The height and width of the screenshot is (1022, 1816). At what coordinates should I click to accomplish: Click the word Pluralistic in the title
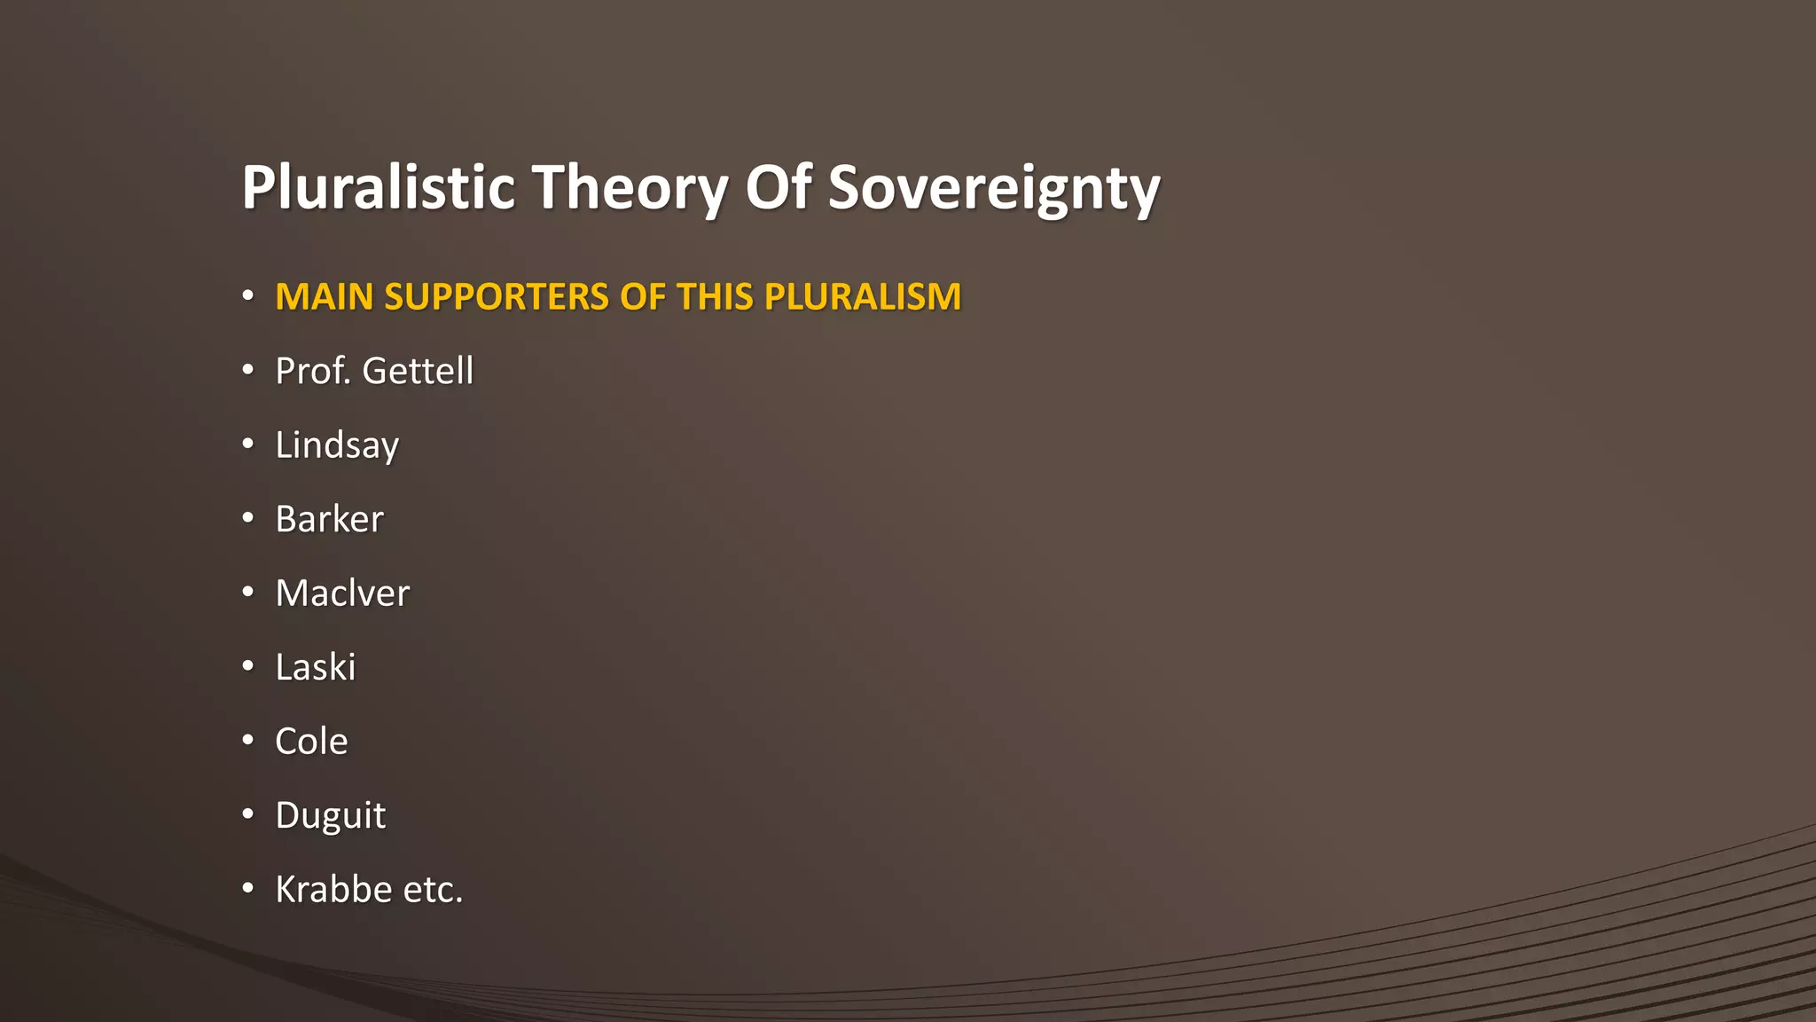[378, 187]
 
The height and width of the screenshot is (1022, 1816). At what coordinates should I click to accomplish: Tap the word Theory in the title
[630, 187]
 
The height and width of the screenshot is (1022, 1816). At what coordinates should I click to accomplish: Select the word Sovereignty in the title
[994, 187]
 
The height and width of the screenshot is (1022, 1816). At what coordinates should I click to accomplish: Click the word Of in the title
[778, 187]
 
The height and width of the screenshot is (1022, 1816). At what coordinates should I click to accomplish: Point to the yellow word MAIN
[324, 297]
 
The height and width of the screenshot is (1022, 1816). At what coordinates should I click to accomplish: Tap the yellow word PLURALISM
[863, 297]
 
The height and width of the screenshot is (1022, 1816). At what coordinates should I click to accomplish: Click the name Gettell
[418, 371]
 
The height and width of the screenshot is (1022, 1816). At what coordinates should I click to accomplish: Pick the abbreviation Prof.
[313, 371]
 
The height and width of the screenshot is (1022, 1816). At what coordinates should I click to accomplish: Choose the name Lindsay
[337, 445]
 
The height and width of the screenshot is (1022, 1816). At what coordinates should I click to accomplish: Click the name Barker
[329, 519]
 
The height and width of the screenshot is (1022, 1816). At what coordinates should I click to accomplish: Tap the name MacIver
[342, 594]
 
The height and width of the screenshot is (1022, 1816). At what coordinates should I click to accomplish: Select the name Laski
[315, 667]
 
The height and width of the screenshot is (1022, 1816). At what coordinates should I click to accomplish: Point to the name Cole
[311, 742]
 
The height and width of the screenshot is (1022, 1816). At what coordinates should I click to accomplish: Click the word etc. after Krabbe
[433, 890]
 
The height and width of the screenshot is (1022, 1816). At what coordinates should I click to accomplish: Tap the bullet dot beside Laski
[248, 665]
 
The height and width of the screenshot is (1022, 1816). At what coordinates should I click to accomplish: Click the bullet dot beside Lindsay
[248, 443]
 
